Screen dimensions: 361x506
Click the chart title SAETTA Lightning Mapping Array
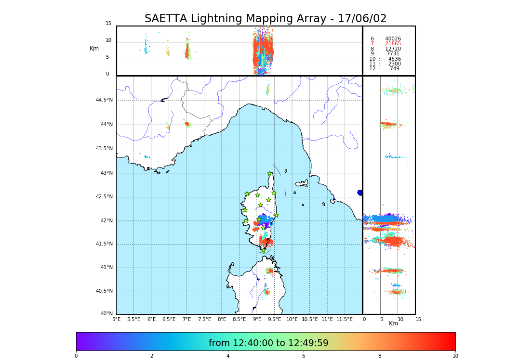click(x=266, y=19)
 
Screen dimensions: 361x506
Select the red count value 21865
click(x=393, y=44)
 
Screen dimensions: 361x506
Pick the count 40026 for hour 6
click(x=393, y=39)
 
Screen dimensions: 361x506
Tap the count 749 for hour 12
click(x=394, y=69)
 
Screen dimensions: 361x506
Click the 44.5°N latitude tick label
click(x=104, y=100)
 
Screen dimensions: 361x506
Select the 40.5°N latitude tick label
click(x=104, y=291)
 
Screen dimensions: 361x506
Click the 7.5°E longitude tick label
click(x=204, y=319)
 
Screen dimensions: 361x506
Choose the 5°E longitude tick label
click(x=117, y=319)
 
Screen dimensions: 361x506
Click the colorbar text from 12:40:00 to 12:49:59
click(x=268, y=343)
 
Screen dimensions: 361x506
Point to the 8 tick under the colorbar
click(x=380, y=356)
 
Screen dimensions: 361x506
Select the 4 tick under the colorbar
click(x=228, y=356)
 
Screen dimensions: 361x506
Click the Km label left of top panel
click(x=94, y=49)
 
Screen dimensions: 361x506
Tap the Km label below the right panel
click(x=393, y=324)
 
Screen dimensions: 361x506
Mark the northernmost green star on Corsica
click(x=270, y=174)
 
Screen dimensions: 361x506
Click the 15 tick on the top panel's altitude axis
click(x=108, y=24)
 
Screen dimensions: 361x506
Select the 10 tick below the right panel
click(x=400, y=319)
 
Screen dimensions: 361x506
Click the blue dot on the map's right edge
click(x=360, y=193)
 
